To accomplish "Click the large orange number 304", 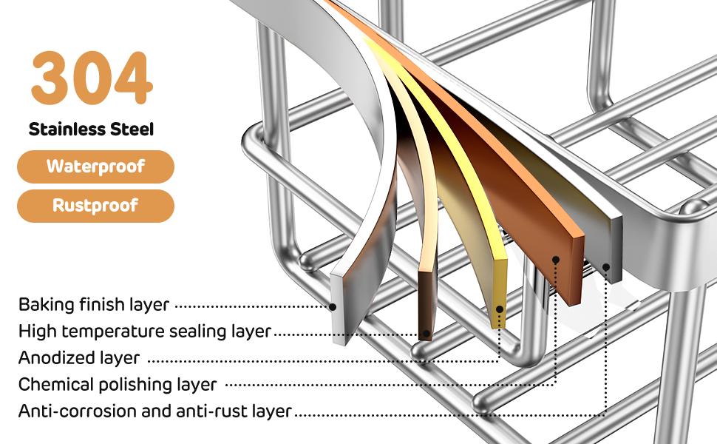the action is pyautogui.click(x=92, y=78).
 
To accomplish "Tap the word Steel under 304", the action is pyautogui.click(x=132, y=129).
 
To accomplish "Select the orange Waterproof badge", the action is pyautogui.click(x=95, y=166).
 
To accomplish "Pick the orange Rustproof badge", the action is pyautogui.click(x=95, y=206).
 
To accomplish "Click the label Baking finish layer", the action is pyautogui.click(x=94, y=304).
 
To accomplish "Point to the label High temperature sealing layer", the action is pyautogui.click(x=145, y=331).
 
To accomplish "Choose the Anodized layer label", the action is pyautogui.click(x=79, y=357).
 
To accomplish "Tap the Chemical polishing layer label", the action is pyautogui.click(x=118, y=385).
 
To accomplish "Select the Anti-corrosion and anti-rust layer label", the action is pyautogui.click(x=155, y=411).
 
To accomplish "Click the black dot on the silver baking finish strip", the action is pyautogui.click(x=333, y=307).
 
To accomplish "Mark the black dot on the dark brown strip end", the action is pyautogui.click(x=427, y=334).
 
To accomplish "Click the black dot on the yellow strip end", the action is pyautogui.click(x=500, y=309).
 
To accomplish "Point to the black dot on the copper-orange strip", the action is pyautogui.click(x=556, y=260).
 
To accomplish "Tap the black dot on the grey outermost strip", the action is pyautogui.click(x=606, y=267).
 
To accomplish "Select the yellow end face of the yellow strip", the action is pyautogui.click(x=500, y=293).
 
